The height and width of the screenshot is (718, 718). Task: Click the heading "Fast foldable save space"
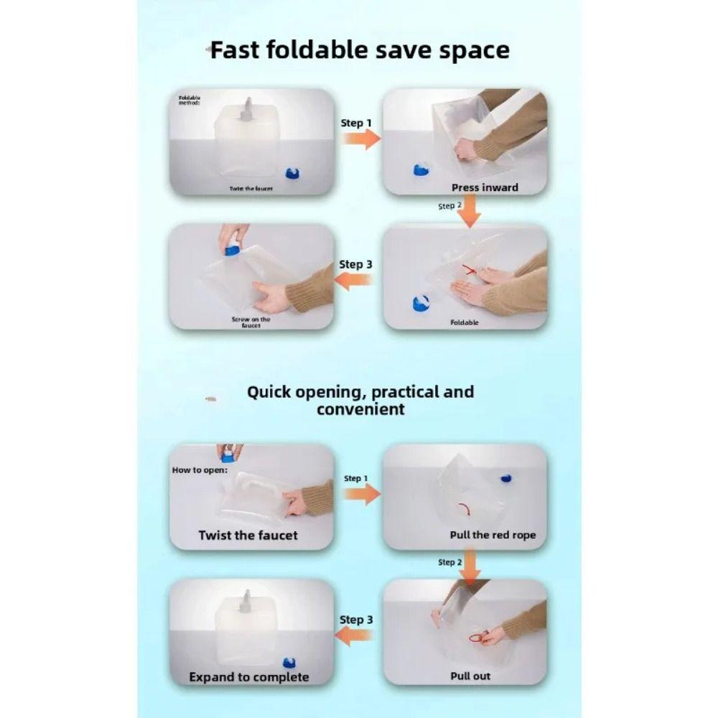click(360, 50)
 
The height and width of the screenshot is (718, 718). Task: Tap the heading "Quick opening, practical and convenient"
click(360, 400)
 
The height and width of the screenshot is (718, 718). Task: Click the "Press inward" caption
click(485, 187)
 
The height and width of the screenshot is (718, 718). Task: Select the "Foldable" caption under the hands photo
click(465, 322)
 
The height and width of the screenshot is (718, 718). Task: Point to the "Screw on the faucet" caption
click(251, 322)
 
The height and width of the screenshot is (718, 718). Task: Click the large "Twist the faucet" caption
click(248, 536)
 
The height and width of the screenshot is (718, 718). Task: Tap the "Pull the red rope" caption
click(493, 535)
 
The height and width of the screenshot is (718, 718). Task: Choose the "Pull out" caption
click(470, 676)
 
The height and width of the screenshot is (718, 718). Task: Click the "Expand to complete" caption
click(249, 677)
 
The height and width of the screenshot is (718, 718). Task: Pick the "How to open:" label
click(200, 470)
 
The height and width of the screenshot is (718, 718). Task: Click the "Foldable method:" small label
click(190, 101)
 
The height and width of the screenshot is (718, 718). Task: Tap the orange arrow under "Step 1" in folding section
click(362, 139)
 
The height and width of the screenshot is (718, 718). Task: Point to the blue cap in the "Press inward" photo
click(421, 170)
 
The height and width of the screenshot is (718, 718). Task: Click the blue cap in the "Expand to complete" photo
click(289, 662)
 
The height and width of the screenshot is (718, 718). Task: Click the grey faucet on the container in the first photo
click(246, 110)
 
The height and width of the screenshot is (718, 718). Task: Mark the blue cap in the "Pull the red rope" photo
click(505, 478)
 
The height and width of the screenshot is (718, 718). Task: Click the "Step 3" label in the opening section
click(356, 620)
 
